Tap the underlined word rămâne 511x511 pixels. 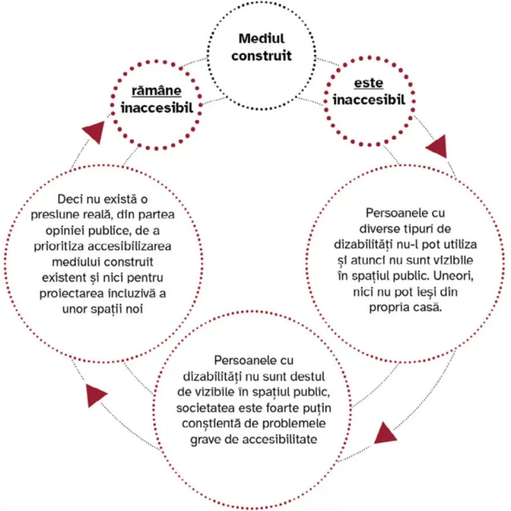[156, 90]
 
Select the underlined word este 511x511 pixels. [369, 82]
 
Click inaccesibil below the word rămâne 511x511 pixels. [156, 107]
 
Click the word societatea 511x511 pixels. [205, 407]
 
